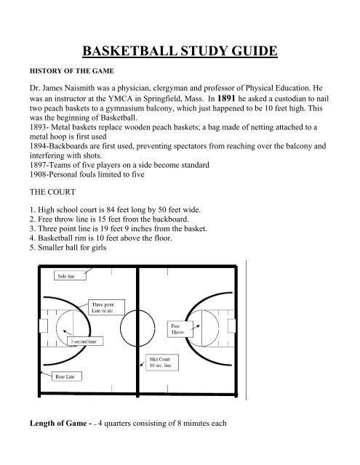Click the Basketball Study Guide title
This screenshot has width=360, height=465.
coord(179,52)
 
